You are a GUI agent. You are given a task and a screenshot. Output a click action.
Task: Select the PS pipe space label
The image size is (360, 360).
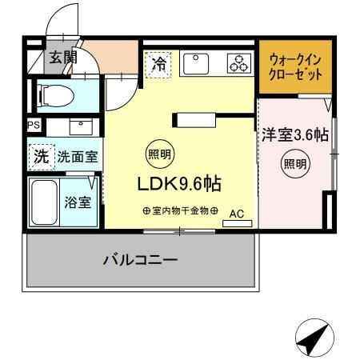(33, 126)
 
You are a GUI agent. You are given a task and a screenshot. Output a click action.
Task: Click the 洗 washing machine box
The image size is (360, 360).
(40, 156)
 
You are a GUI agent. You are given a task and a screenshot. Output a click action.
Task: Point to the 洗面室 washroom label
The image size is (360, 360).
(77, 157)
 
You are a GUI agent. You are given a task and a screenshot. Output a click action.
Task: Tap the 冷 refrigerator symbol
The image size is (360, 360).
(159, 64)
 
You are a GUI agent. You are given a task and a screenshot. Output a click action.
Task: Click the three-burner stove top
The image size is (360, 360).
(238, 64)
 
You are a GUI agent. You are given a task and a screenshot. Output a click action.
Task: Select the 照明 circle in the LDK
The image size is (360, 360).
(158, 154)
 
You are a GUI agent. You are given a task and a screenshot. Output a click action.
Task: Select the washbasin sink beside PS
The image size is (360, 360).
(80, 126)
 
